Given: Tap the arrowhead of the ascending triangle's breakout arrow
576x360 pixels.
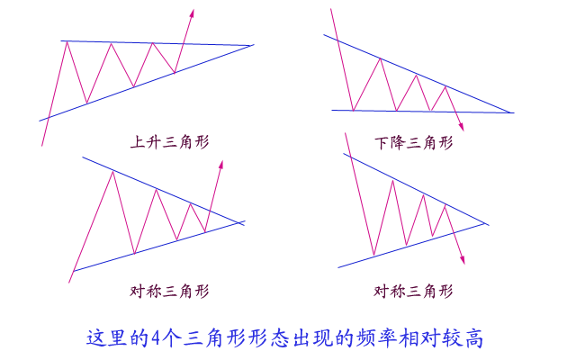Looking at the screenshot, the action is pos(192,13).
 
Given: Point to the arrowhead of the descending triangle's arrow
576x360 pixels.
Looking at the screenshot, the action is pos(461,127).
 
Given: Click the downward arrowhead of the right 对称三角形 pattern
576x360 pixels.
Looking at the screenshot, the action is pos(463,260).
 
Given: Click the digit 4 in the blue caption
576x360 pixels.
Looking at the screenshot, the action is pos(158,338).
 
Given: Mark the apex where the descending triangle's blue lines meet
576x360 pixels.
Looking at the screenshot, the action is pos(511,112).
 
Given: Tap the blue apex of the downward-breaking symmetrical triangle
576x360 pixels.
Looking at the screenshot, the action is pos(487,223).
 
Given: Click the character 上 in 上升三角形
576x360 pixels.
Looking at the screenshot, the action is pos(138,141).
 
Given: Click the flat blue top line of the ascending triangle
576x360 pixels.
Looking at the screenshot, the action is pos(153,42).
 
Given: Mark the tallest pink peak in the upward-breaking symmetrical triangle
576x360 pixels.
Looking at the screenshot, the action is pos(112,171).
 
